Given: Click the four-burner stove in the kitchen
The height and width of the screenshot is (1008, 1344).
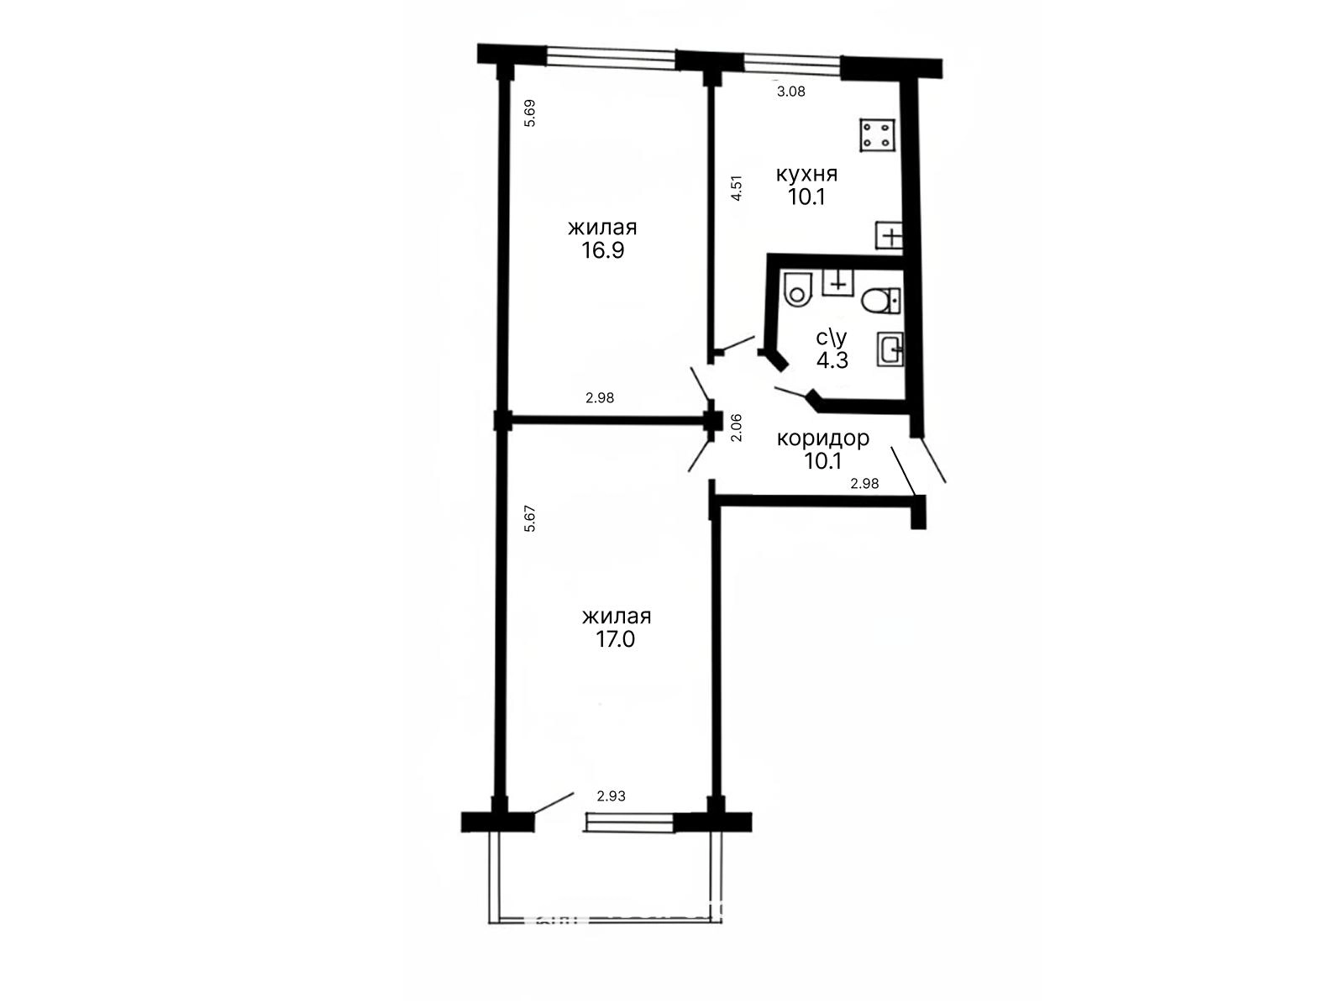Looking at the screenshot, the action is (x=877, y=135).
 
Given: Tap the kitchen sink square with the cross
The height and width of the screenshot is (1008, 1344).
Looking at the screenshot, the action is (x=889, y=235).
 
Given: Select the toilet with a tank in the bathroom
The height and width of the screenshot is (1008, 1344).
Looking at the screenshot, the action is (x=881, y=301).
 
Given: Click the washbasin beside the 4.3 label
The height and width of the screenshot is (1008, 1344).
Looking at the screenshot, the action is (x=890, y=349).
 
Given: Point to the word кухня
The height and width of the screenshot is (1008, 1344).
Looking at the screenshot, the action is (x=806, y=174).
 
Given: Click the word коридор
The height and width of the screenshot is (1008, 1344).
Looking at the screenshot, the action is (x=822, y=438).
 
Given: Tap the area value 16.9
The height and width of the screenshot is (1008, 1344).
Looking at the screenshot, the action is (x=602, y=250).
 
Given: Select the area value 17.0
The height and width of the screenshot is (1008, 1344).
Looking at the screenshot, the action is (x=616, y=639).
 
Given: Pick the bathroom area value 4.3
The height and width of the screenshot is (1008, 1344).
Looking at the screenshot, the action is (x=832, y=360).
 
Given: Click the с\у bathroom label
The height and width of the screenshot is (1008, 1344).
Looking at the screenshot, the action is (x=832, y=337).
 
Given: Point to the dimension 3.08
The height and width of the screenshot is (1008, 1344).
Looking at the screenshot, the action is (x=790, y=92).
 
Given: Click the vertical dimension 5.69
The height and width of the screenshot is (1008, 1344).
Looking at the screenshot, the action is (x=530, y=113).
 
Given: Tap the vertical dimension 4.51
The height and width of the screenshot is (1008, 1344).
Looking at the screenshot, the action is (x=737, y=188).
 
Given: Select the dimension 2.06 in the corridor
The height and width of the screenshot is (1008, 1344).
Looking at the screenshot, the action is (x=737, y=428).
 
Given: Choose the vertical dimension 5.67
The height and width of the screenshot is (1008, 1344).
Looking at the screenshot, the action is (x=530, y=518).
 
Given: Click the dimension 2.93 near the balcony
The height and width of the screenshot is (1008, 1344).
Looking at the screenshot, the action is (x=611, y=796).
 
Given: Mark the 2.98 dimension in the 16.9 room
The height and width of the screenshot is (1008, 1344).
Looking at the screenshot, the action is (x=600, y=398).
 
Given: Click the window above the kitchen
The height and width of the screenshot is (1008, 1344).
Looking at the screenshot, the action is (x=792, y=65).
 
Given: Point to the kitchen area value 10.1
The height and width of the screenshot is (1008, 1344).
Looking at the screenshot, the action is (x=806, y=197).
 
